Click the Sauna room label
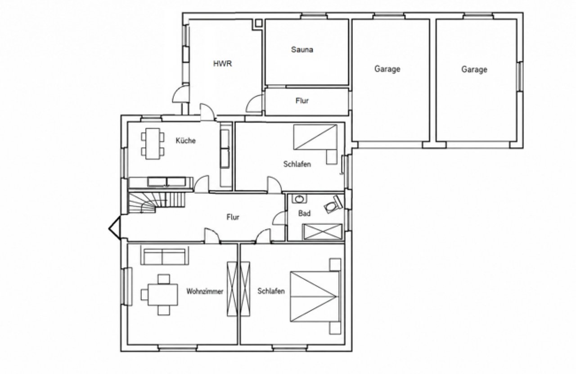(x=302, y=50)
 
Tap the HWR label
(x=223, y=64)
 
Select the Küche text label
(x=186, y=141)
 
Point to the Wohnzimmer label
(x=205, y=292)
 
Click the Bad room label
(x=305, y=213)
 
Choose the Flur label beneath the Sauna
(x=302, y=100)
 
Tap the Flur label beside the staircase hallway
(x=233, y=217)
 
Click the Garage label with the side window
(x=474, y=69)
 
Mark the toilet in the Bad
(x=333, y=204)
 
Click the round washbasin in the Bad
(x=299, y=199)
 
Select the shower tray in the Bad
(x=323, y=232)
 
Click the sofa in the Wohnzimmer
(x=165, y=255)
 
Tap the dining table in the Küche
(x=153, y=144)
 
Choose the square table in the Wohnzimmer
(x=163, y=295)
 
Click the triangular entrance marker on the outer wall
(x=114, y=228)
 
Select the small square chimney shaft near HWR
(x=258, y=23)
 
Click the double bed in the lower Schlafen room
(x=315, y=296)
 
